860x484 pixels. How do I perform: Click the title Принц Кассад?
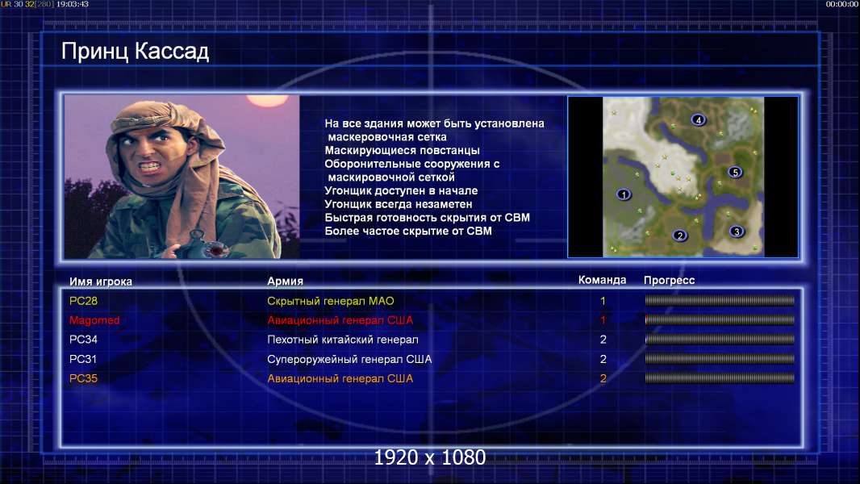coord(135,52)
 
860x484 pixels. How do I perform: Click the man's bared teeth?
coord(150,165)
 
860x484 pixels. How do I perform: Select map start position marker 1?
coord(623,194)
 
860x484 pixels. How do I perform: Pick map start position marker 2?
coord(679,236)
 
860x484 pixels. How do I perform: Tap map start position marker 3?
coord(737,232)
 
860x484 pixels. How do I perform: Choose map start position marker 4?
coord(698,119)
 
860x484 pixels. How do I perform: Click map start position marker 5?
coord(735,172)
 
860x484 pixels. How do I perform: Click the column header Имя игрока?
coord(100,282)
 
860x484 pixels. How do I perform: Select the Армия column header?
coord(286,282)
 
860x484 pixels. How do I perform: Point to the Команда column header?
coord(602,280)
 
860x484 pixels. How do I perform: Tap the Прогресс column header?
coord(669,281)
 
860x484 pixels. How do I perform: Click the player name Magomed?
coord(94,320)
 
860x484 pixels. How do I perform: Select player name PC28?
coord(83,301)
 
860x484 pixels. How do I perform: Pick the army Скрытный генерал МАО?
coord(331,301)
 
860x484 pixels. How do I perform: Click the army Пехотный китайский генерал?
coord(343,340)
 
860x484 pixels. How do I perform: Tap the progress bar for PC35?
coord(720,378)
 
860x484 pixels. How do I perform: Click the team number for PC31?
coord(603,359)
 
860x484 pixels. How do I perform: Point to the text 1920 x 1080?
coord(430,457)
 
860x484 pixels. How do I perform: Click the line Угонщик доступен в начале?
coord(401,190)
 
